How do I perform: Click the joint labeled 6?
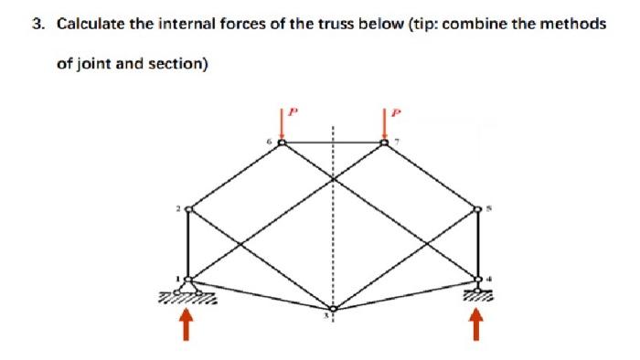click(282, 143)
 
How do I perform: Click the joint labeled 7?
click(385, 143)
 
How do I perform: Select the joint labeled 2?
click(189, 209)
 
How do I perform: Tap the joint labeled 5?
click(476, 209)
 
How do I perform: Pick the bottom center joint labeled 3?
click(333, 309)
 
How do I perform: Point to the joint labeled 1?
click(189, 278)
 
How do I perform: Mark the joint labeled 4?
click(476, 278)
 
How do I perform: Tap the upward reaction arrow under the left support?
click(189, 323)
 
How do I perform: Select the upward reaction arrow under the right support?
click(475, 323)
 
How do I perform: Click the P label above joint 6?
click(293, 111)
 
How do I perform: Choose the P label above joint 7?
click(395, 111)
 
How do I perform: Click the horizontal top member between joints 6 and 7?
click(333, 143)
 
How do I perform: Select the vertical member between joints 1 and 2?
click(189, 244)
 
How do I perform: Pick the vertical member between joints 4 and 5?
click(476, 244)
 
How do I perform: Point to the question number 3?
click(37, 24)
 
